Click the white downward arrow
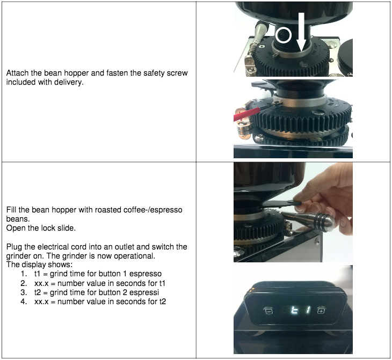(x=302, y=32)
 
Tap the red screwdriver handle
(x=246, y=114)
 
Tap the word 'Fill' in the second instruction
(x=11, y=210)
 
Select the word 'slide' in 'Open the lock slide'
(x=67, y=228)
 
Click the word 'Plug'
(x=14, y=247)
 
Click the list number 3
(x=24, y=292)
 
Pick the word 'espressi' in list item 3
(x=144, y=292)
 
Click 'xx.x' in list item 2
(x=41, y=284)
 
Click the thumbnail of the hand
(x=293, y=212)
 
